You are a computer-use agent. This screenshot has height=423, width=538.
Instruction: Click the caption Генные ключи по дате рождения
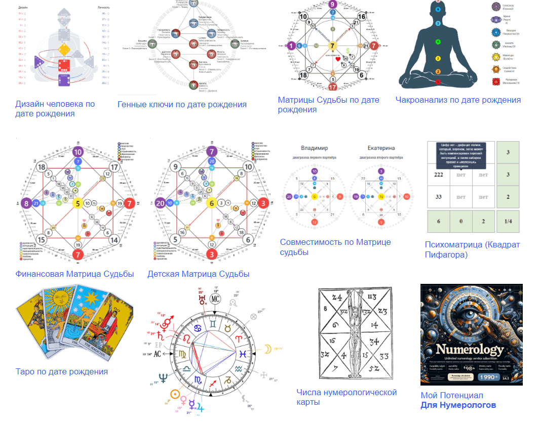(x=182, y=105)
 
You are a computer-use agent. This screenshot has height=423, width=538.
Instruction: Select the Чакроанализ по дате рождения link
(x=458, y=100)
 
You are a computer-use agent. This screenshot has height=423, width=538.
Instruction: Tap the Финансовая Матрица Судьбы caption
(x=74, y=274)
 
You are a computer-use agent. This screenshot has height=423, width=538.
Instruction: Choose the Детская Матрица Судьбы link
(x=198, y=274)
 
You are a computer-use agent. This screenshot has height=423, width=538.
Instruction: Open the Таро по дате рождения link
(x=62, y=372)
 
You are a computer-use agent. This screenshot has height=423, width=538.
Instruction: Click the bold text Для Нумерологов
(x=458, y=405)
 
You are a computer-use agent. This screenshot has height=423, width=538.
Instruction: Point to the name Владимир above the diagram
(x=314, y=149)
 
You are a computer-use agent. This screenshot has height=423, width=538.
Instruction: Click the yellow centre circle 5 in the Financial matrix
(x=78, y=203)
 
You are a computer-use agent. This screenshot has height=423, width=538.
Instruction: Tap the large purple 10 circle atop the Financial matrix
(x=78, y=152)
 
